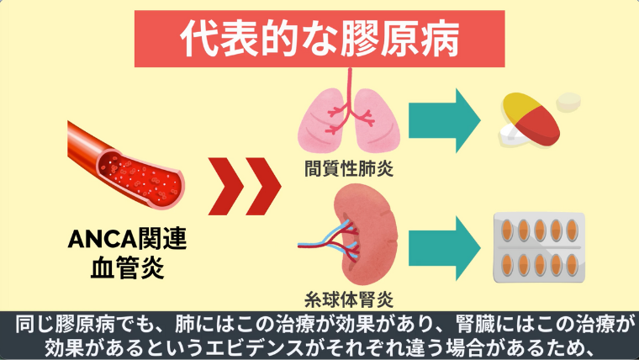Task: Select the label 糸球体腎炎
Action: point(348,297)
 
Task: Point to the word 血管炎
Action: point(126,269)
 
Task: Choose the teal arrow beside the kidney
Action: point(446,245)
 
